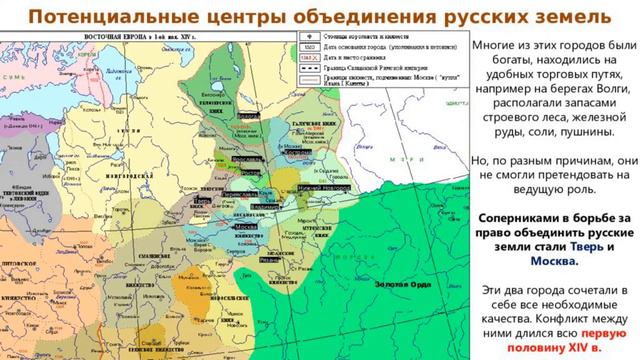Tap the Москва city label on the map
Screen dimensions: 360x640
[x=246, y=227]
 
